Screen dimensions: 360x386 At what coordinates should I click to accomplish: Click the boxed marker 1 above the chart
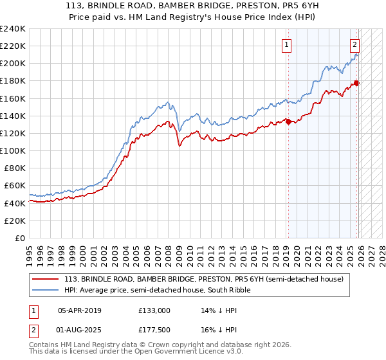click(x=286, y=44)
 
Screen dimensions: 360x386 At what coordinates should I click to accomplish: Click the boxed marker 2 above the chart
click(x=354, y=44)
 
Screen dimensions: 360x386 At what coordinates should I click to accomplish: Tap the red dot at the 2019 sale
click(x=288, y=122)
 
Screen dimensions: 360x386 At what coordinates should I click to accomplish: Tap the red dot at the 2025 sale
click(x=357, y=82)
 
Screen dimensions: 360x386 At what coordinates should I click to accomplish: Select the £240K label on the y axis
click(x=13, y=29)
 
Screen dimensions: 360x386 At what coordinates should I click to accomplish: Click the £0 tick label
click(x=19, y=238)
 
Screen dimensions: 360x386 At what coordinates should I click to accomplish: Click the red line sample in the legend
click(x=46, y=279)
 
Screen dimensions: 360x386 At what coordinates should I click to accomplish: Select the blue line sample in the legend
click(x=46, y=290)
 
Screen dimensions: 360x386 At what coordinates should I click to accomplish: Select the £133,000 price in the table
click(x=154, y=310)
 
